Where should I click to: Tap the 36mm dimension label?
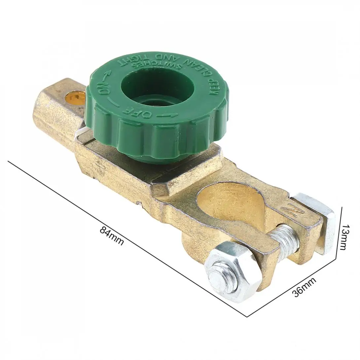(x=304, y=287)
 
